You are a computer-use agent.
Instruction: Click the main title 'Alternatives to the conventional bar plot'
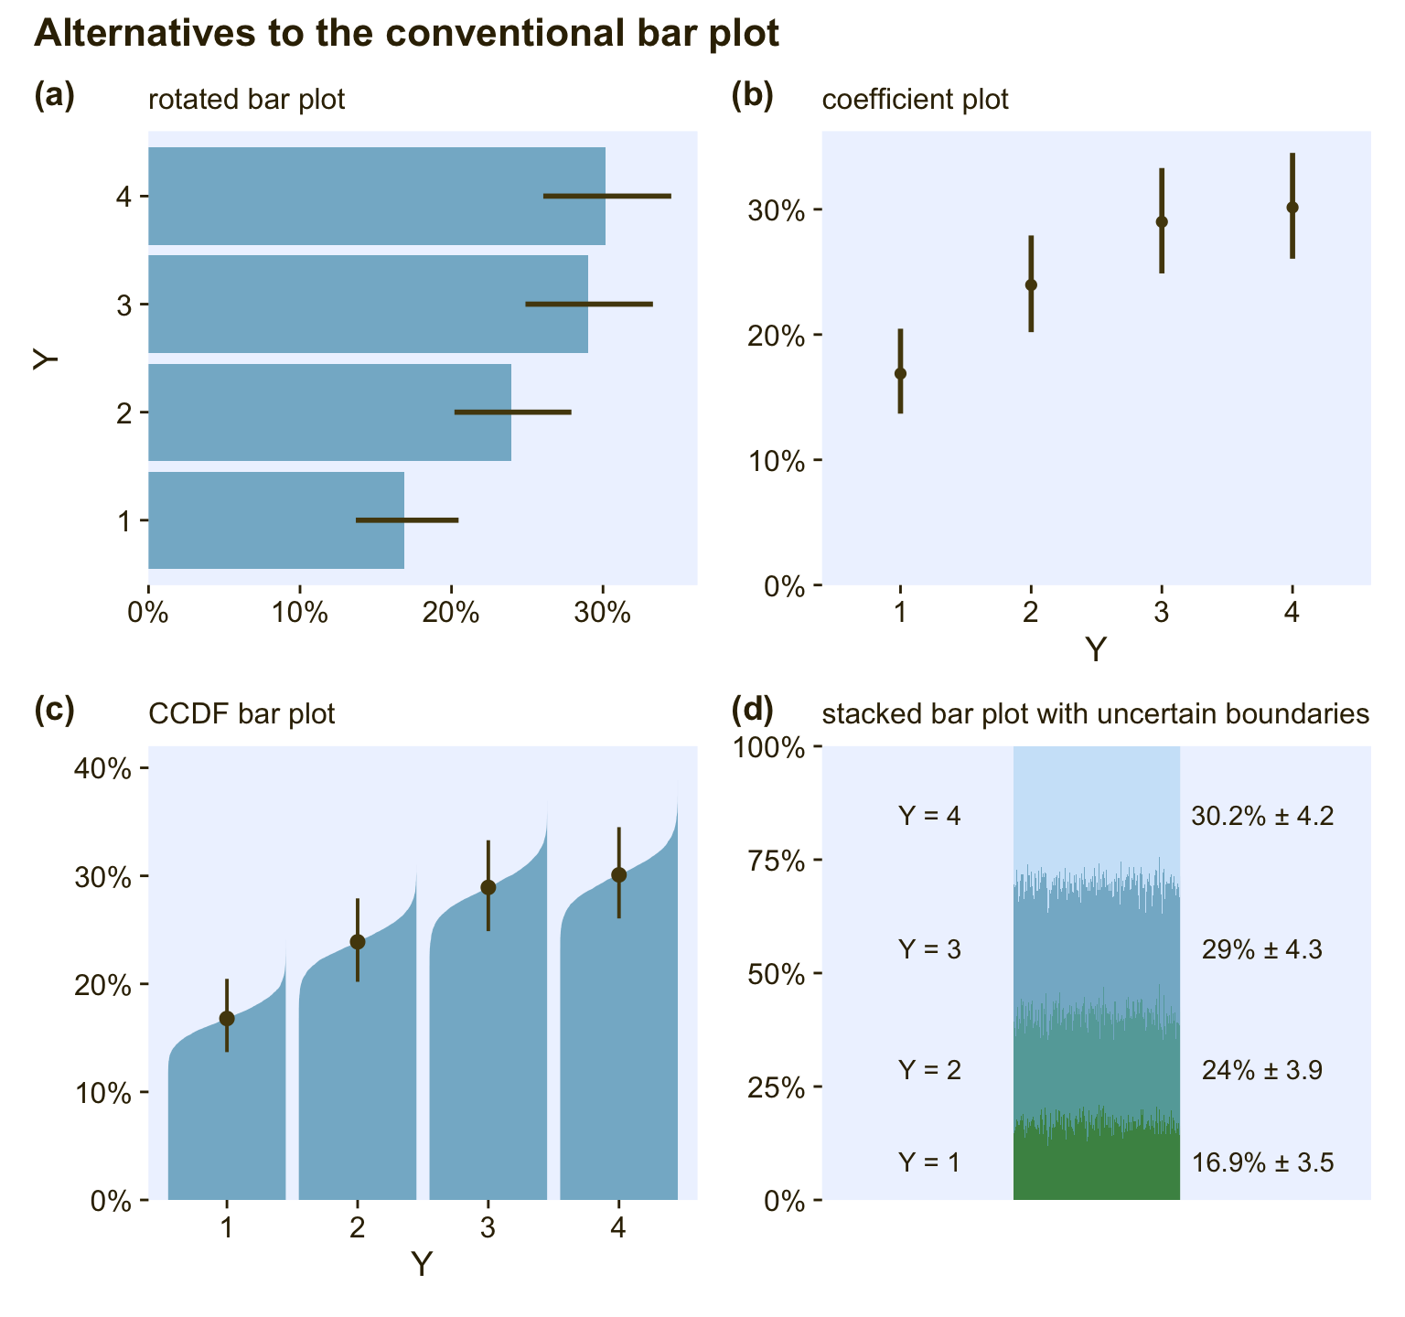pyautogui.click(x=406, y=34)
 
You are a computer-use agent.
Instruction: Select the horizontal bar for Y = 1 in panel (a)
pyautogui.click(x=274, y=520)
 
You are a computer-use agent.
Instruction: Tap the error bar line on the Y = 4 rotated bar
pyautogui.click(x=607, y=196)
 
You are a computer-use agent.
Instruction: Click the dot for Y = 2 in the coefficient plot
pyautogui.click(x=1031, y=284)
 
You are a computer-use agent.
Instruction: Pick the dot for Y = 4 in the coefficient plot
pyautogui.click(x=1292, y=208)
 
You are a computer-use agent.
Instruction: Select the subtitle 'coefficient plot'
pyautogui.click(x=915, y=99)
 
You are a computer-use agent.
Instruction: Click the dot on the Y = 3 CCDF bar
pyautogui.click(x=488, y=887)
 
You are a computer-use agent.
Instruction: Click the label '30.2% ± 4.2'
pyautogui.click(x=1262, y=815)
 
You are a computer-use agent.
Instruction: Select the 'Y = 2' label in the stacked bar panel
pyautogui.click(x=929, y=1069)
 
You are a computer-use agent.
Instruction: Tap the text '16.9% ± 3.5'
pyautogui.click(x=1262, y=1163)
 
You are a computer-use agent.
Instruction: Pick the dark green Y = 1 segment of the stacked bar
pyautogui.click(x=1096, y=1166)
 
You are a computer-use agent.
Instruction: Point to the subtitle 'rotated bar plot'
pyautogui.click(x=246, y=99)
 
